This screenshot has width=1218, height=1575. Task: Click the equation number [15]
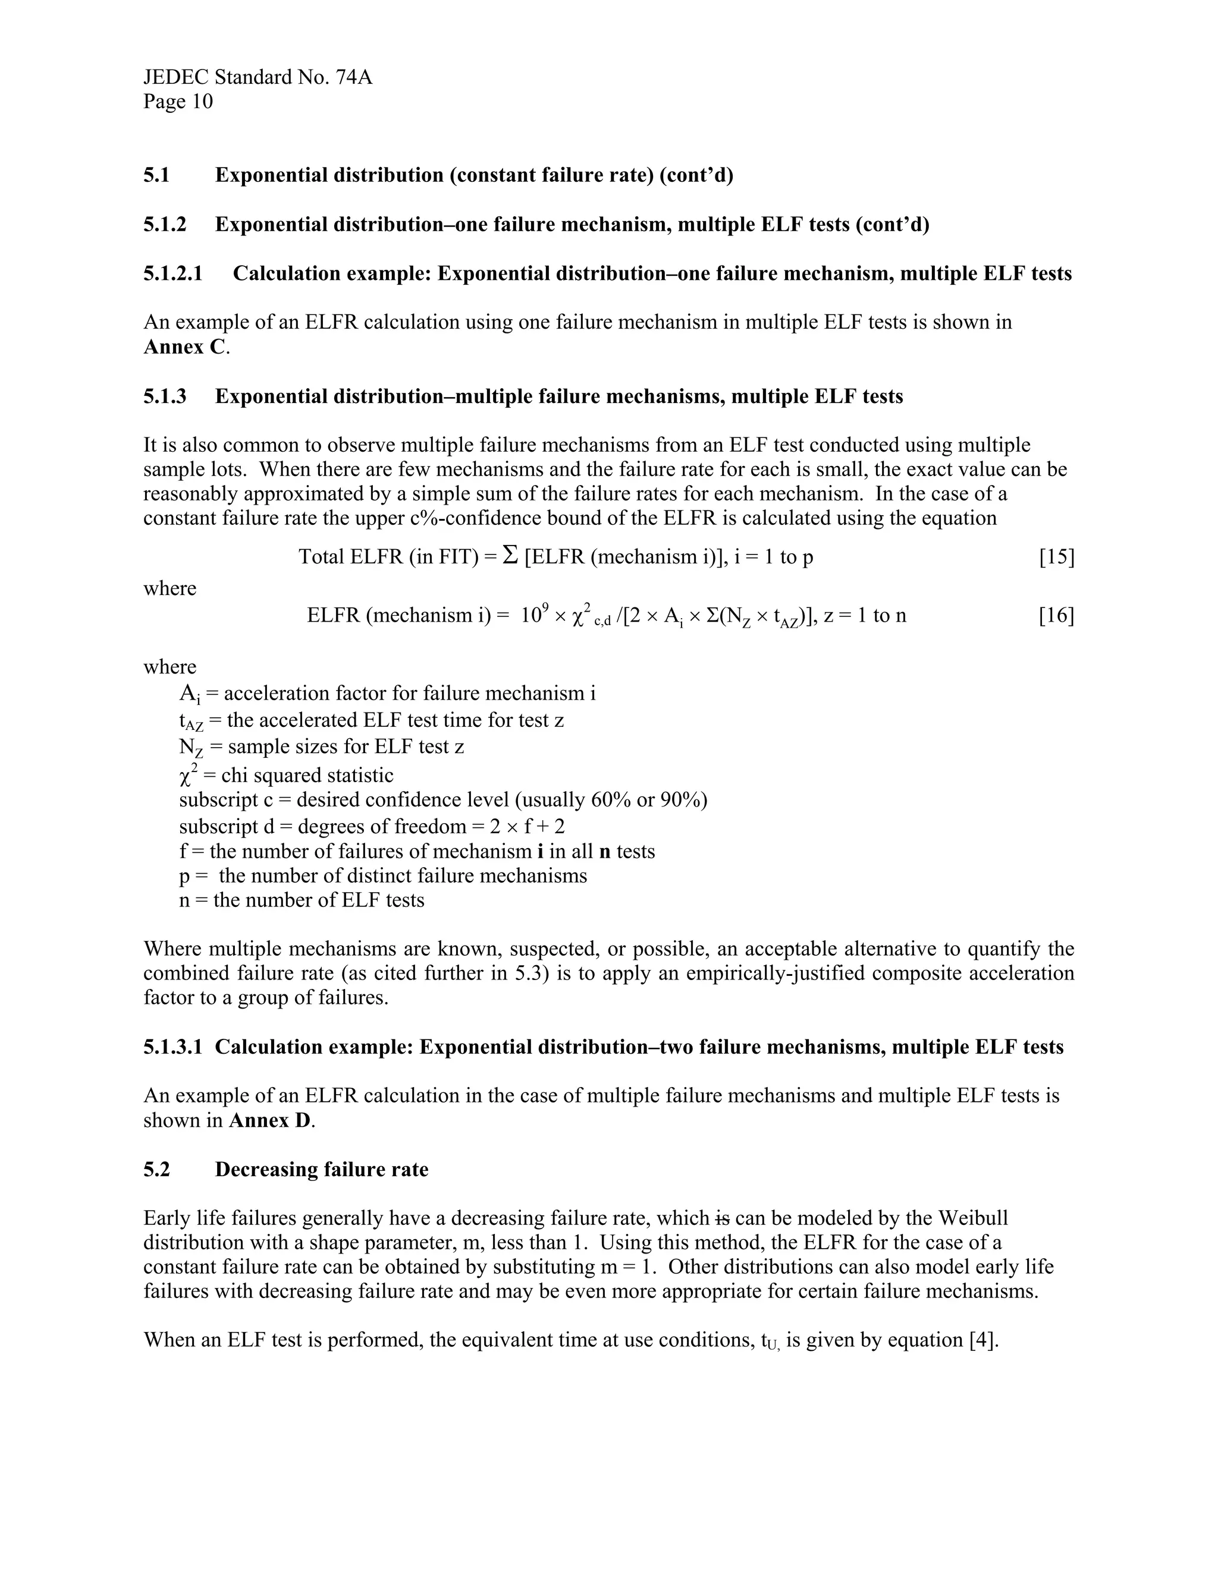1056,557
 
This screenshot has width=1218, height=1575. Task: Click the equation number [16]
1056,616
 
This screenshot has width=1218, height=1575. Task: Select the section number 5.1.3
165,396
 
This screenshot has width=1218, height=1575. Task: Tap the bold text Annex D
271,1121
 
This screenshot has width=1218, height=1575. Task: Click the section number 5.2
156,1170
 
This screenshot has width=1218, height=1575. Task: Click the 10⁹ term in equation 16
535,615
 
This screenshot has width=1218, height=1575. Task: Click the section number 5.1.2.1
173,274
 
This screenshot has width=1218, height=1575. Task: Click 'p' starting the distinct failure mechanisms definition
184,877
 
